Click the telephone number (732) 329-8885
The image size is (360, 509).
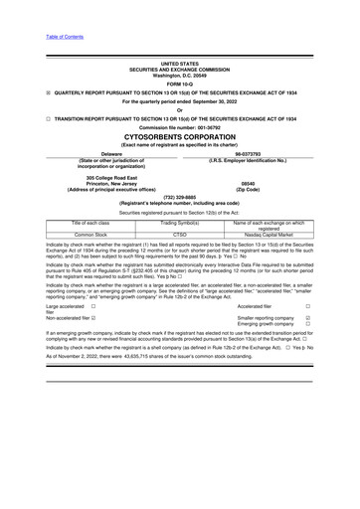[179, 197]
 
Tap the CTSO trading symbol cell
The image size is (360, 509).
[179, 236]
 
